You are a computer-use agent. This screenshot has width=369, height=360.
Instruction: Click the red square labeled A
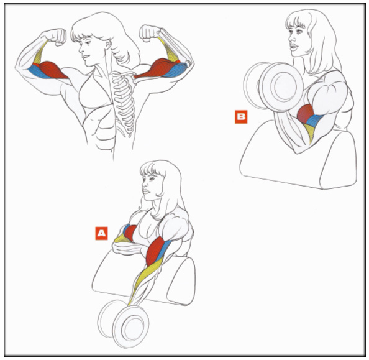tap(101, 233)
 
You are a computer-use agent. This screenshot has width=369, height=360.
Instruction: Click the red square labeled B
tap(241, 117)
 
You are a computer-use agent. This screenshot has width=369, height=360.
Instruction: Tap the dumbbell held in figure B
tap(273, 86)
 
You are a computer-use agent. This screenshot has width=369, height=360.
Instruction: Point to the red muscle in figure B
tap(305, 114)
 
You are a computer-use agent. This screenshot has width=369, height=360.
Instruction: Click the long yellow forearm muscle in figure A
tap(145, 280)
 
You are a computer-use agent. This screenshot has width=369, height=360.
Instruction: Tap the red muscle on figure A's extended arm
tap(155, 251)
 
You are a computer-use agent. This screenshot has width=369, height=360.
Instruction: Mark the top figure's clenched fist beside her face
tap(57, 37)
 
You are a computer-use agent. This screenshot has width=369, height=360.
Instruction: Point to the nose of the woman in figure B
tap(291, 38)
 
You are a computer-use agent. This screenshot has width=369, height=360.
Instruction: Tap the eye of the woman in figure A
tap(150, 180)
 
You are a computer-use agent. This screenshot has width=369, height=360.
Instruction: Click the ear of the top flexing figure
tap(108, 45)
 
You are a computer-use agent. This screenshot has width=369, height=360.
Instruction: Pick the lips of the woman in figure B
tap(293, 47)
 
